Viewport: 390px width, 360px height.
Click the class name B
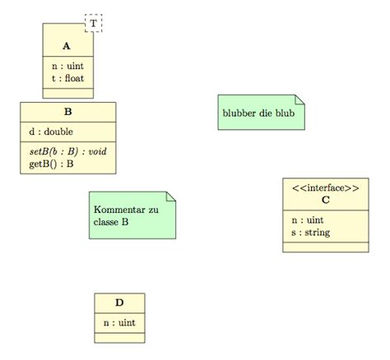pos(67,111)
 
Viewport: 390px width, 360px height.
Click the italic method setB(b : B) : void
pos(62,150)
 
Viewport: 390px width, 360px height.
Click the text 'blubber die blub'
pos(258,112)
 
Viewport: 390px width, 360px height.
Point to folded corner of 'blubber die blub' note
pos(299,99)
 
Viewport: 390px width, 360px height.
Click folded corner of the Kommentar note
pos(170,196)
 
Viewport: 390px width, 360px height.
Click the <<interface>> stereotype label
pos(325,187)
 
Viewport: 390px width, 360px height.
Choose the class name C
pos(325,200)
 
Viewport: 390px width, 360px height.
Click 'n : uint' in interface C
pos(308,221)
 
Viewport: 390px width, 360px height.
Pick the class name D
pos(119,304)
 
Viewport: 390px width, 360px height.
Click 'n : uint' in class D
pos(119,323)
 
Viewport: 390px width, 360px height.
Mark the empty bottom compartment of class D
pos(119,336)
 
